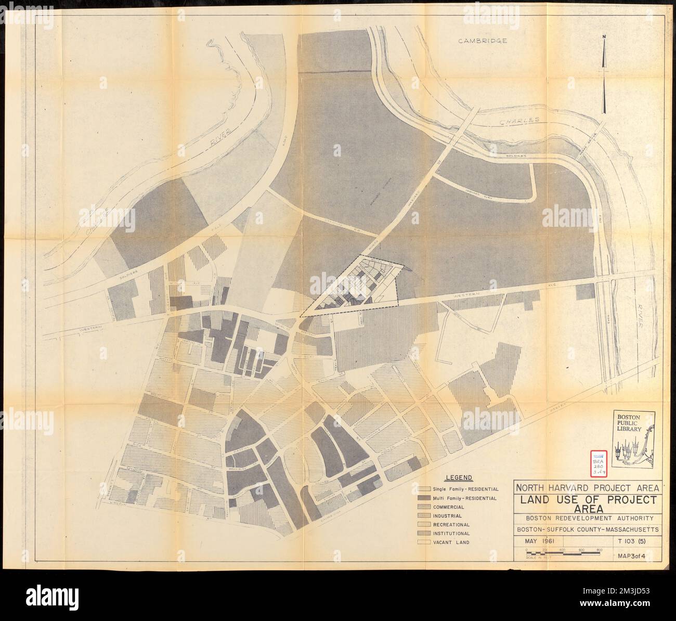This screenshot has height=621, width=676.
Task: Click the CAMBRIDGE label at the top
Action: pyautogui.click(x=482, y=41)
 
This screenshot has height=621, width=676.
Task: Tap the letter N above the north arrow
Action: pyautogui.click(x=604, y=36)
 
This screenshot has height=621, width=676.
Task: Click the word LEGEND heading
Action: pyautogui.click(x=459, y=477)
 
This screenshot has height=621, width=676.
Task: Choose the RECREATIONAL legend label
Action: pyautogui.click(x=450, y=525)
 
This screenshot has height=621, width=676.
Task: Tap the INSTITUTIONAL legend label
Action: pyautogui.click(x=451, y=533)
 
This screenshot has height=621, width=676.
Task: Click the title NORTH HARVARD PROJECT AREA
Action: pyautogui.click(x=588, y=488)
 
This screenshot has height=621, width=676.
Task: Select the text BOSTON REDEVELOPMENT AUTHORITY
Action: pyautogui.click(x=588, y=519)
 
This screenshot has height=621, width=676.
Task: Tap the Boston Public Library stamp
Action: pyautogui.click(x=634, y=434)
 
